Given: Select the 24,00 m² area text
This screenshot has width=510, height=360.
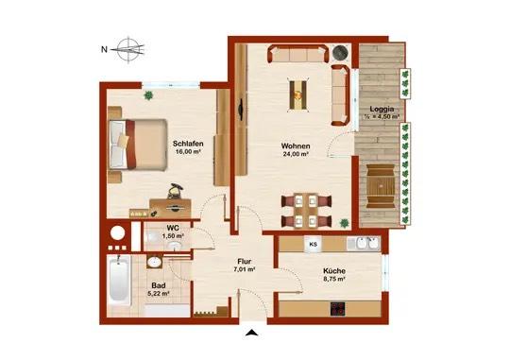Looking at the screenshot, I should (x=296, y=156).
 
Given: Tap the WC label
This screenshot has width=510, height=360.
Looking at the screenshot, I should (x=174, y=228).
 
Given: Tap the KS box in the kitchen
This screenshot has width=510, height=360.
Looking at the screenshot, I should (x=312, y=245).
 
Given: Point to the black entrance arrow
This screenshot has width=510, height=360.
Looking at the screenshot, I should (x=250, y=332).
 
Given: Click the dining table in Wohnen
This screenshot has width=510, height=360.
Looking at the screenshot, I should (x=306, y=210).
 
